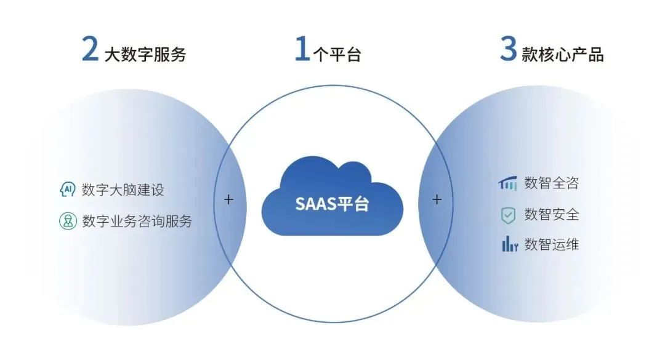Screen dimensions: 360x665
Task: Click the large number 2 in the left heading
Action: tap(90, 49)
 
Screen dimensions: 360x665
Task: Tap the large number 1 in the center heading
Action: tap(301, 49)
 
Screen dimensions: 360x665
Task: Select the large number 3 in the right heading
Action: tap(508, 49)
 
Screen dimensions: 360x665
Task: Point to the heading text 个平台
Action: tap(336, 54)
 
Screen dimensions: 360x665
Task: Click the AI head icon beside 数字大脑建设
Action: tap(67, 190)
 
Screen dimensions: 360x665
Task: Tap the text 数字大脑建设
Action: tap(123, 190)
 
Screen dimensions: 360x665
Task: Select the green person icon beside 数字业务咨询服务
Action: tap(67, 221)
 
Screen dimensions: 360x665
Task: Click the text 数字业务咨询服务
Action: tap(137, 221)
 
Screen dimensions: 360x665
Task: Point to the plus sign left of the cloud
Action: tap(228, 199)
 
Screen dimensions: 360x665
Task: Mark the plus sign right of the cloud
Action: tap(437, 199)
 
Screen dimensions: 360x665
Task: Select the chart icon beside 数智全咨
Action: tap(508, 183)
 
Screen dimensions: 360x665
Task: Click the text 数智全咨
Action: tap(551, 183)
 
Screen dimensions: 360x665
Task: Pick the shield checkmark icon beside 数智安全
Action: tap(508, 215)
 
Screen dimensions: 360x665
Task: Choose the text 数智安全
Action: tap(551, 215)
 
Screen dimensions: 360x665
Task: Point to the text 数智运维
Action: tap(551, 244)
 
